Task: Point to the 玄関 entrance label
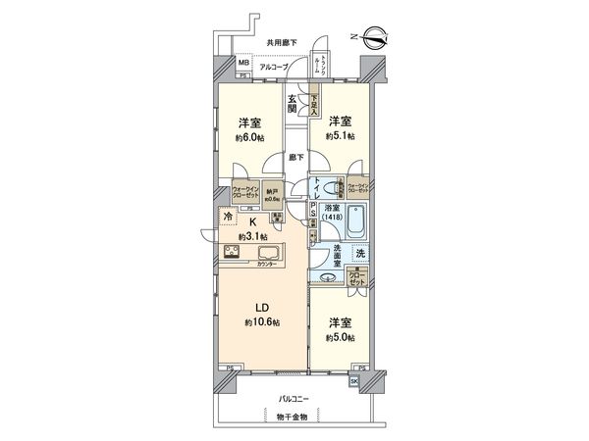294,103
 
